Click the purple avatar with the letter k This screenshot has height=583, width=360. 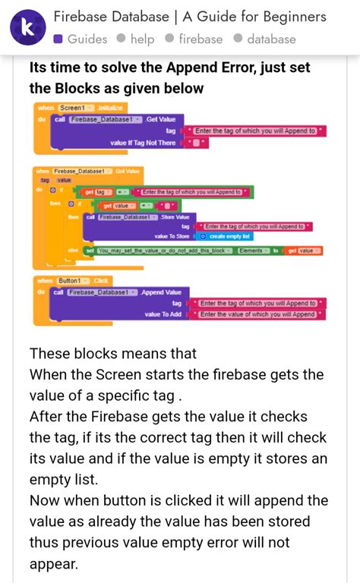(x=27, y=27)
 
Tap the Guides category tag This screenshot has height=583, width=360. (x=80, y=39)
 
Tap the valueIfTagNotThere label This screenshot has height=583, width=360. (x=143, y=143)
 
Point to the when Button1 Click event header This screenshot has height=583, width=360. (x=73, y=281)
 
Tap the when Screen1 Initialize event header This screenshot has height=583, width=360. (x=81, y=109)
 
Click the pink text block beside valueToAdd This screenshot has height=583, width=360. (x=258, y=314)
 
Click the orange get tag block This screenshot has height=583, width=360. (x=99, y=192)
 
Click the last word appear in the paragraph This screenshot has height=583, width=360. (x=54, y=564)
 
